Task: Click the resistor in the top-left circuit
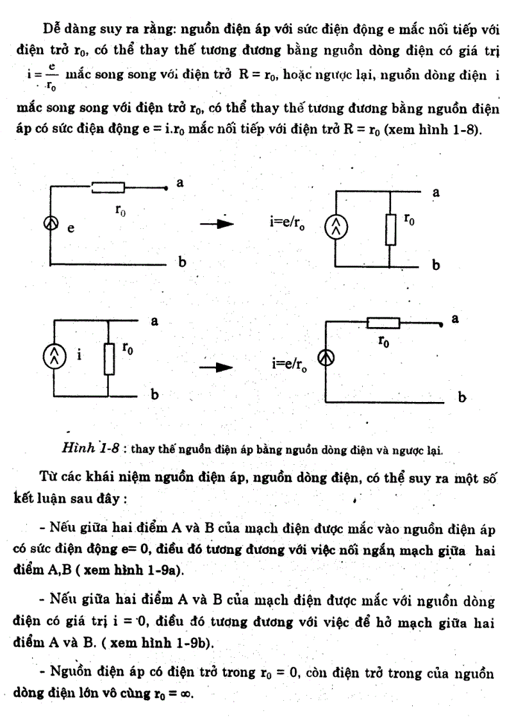(x=108, y=187)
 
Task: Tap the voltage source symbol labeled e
(x=50, y=224)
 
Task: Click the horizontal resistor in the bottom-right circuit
(x=383, y=322)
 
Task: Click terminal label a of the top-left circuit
(x=180, y=183)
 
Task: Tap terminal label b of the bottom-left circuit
(x=154, y=395)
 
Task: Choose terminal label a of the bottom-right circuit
(x=456, y=318)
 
